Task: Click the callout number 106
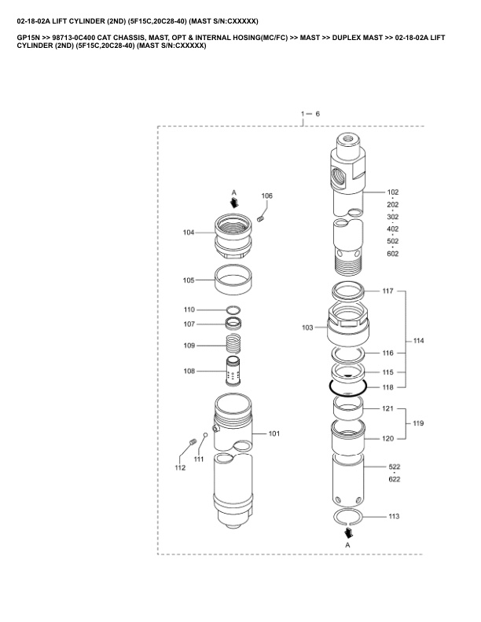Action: (x=267, y=195)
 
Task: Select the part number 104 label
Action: (x=189, y=232)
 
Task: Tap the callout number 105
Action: (x=189, y=280)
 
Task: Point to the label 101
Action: (x=274, y=433)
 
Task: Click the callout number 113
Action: (x=394, y=517)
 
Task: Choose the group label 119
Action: (x=418, y=423)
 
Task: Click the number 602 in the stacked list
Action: (x=393, y=254)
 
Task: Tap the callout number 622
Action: (x=394, y=479)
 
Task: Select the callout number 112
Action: (x=180, y=468)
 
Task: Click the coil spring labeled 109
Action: (x=233, y=344)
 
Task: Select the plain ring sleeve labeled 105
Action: (x=233, y=280)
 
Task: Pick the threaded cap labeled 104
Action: (x=233, y=233)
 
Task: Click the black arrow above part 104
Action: (x=233, y=202)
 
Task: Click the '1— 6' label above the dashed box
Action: (x=310, y=115)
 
